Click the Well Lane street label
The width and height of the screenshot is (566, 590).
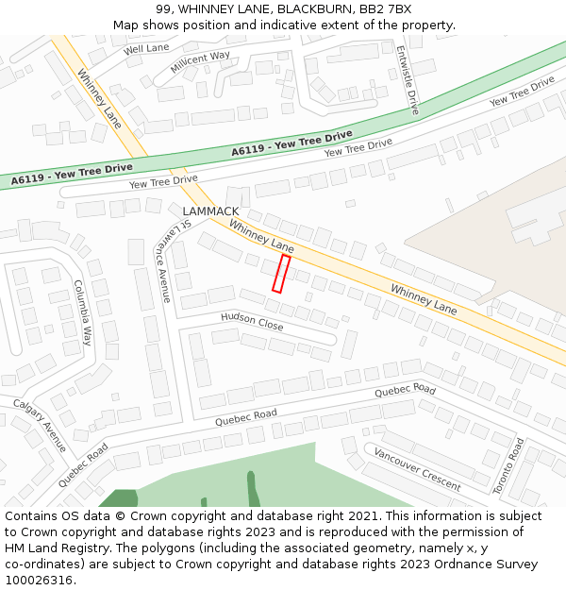coord(145,48)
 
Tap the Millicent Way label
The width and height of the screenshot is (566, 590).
coord(200,63)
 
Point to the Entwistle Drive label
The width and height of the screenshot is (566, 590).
coord(408,80)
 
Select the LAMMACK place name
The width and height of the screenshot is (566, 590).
coord(211,211)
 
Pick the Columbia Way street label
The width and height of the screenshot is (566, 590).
coord(83,312)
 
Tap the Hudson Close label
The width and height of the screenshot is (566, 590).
coord(252,321)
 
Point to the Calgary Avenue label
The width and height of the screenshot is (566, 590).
coord(40,425)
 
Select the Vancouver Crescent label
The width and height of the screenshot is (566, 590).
coord(417,469)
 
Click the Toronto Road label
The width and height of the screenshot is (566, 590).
coord(508,465)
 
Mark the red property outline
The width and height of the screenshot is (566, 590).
coord(281,273)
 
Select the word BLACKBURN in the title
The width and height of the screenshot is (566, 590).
coord(308,9)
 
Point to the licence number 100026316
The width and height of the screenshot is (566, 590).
coord(39,581)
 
